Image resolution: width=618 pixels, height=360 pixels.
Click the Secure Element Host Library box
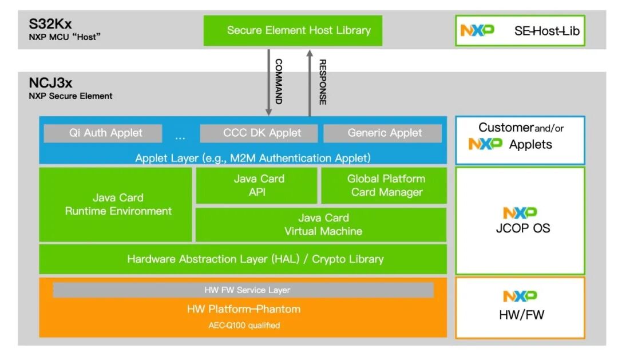coord(293,30)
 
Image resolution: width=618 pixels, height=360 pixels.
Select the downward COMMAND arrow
coord(268,82)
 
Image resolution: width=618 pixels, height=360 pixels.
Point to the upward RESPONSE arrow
coord(310,83)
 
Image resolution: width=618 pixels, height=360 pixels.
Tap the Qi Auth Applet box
coord(103,133)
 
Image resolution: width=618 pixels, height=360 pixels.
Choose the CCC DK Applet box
coord(259,133)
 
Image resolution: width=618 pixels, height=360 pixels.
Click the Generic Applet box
coord(382,133)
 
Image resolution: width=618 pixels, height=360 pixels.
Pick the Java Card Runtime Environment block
coord(116,205)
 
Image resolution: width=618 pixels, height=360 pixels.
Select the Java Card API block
coord(256,185)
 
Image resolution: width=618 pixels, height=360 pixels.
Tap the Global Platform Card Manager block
coord(384,185)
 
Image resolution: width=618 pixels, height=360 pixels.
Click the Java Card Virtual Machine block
coord(321,224)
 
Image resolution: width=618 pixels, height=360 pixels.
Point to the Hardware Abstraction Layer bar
coord(243,259)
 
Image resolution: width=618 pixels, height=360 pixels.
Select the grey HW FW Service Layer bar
coord(243,290)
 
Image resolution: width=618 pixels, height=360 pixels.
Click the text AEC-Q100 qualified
coord(244,325)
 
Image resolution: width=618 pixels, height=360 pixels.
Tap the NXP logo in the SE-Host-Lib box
coord(477,30)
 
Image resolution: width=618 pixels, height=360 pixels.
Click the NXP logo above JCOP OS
coord(520,213)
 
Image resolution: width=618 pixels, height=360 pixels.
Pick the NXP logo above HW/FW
coord(520,296)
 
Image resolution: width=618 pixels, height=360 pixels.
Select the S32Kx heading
coord(50,24)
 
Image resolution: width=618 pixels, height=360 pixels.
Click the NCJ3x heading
coord(50,83)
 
